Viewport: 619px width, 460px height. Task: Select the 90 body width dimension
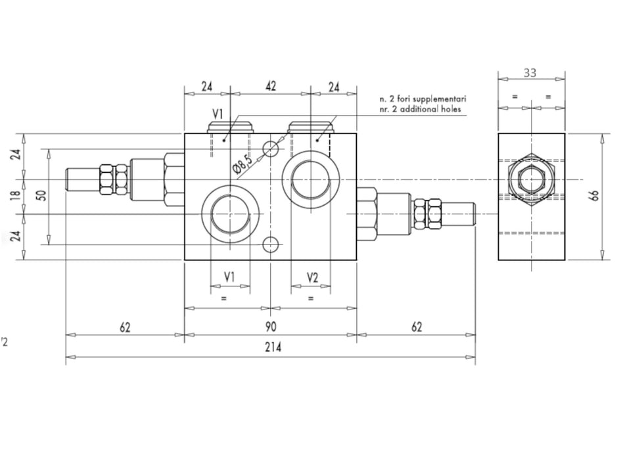pos(270,327)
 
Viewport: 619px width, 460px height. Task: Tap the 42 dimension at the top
pos(270,85)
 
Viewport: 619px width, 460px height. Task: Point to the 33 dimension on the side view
pos(530,73)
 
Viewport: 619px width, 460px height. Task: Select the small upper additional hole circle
pos(271,150)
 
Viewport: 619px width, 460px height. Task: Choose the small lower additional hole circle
pos(271,245)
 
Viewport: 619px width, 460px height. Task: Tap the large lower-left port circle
pos(231,214)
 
